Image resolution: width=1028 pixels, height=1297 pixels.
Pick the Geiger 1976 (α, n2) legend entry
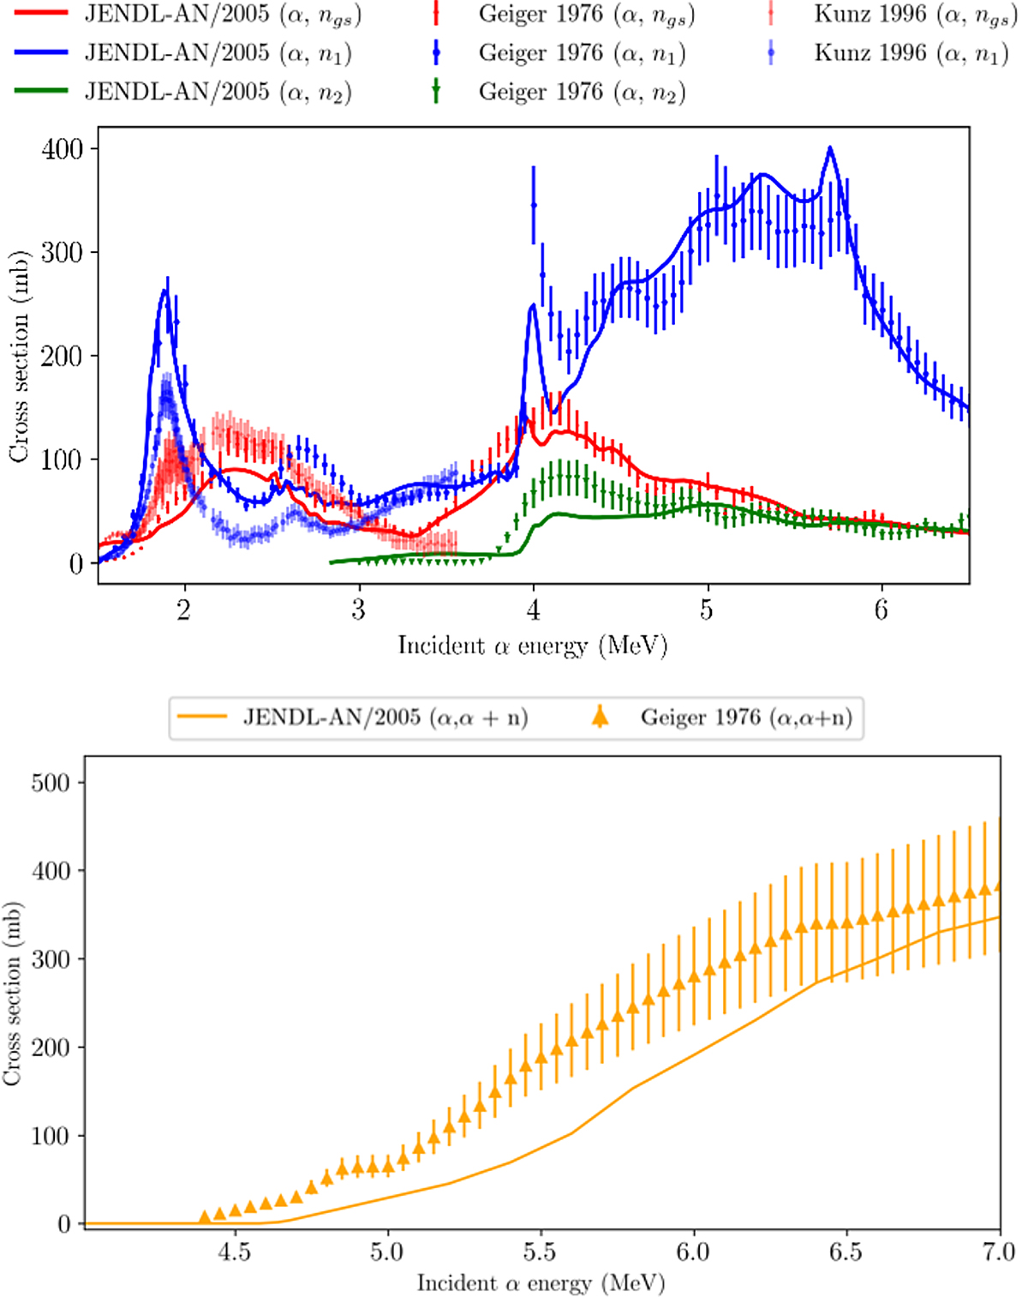(x=582, y=92)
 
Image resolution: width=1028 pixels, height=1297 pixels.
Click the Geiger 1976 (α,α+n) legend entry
(x=746, y=717)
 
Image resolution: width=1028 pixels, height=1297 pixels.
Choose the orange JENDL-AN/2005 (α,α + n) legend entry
(x=385, y=717)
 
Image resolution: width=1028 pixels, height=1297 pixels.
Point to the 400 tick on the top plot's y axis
(x=63, y=149)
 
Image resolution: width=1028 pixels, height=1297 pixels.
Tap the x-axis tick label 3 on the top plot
(x=358, y=609)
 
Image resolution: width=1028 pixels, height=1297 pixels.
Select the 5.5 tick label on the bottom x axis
(x=540, y=1252)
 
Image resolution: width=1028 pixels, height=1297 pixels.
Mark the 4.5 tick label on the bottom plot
(x=234, y=1252)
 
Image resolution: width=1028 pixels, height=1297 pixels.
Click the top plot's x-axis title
(x=532, y=645)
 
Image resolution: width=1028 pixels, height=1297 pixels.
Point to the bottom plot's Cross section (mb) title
(x=12, y=994)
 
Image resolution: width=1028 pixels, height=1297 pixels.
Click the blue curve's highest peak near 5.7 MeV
(x=829, y=148)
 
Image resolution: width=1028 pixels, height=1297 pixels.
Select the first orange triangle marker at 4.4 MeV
(x=205, y=1216)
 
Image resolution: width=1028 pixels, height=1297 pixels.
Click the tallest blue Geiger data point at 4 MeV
(x=534, y=206)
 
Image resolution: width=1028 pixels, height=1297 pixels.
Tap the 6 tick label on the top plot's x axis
(x=882, y=609)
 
